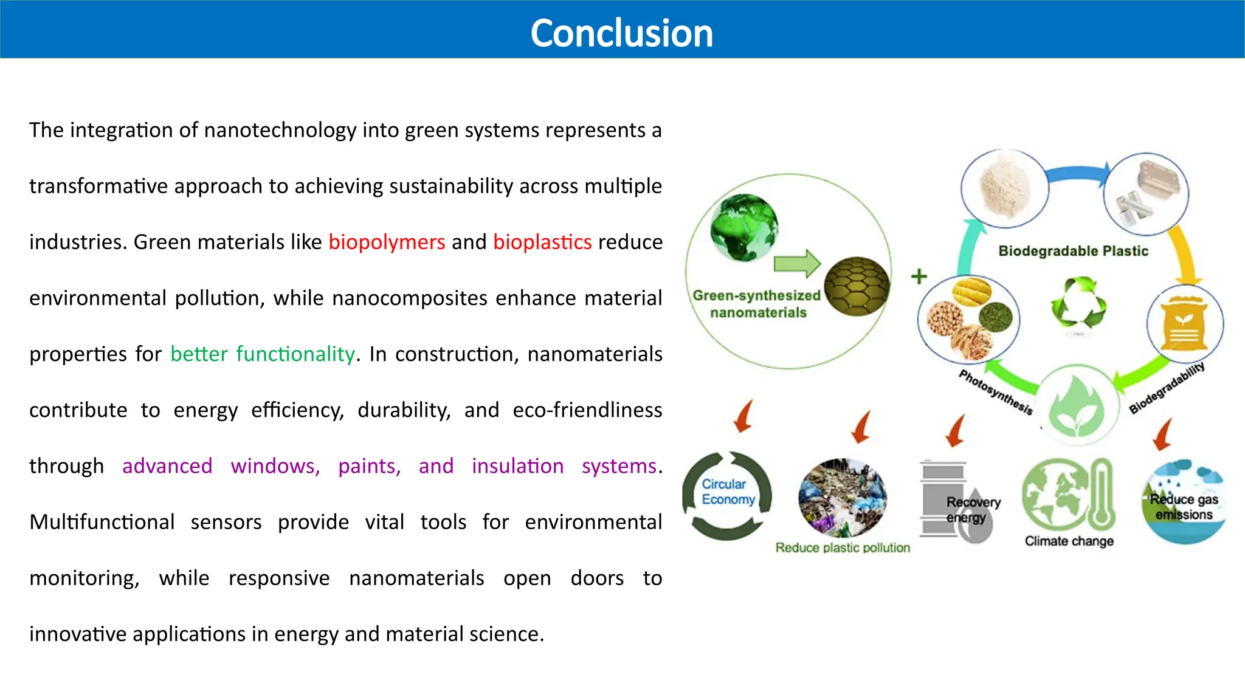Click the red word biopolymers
click(x=387, y=242)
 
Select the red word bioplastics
click(x=542, y=242)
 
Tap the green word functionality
click(x=295, y=354)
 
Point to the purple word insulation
click(x=517, y=466)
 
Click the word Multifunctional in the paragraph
click(x=102, y=522)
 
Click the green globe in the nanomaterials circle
click(x=743, y=227)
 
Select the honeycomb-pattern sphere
click(x=857, y=286)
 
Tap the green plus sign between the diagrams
click(x=919, y=276)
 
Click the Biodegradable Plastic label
click(x=1073, y=251)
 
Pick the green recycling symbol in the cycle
click(x=1078, y=302)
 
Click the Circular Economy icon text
click(x=728, y=492)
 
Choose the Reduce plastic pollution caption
click(x=843, y=547)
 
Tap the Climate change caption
click(x=1069, y=541)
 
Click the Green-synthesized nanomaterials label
click(x=757, y=304)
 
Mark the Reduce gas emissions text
click(x=1184, y=507)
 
